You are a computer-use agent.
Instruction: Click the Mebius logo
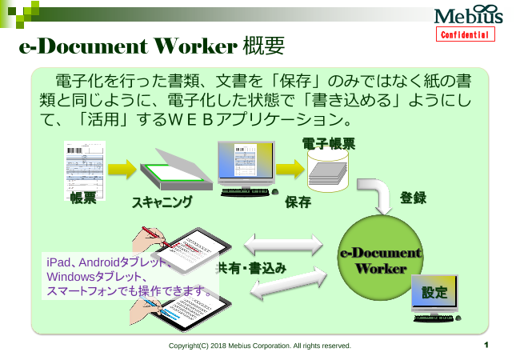[468, 16]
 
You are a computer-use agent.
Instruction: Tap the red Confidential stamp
[467, 35]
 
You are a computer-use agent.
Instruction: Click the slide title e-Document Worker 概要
[152, 46]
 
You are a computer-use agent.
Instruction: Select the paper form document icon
[84, 166]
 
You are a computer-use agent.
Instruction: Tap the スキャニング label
[162, 202]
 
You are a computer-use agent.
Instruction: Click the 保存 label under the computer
[298, 202]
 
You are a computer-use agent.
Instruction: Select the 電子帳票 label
[329, 144]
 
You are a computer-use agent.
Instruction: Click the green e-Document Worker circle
[380, 261]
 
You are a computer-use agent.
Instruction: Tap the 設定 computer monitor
[434, 294]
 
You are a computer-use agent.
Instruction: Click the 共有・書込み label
[251, 269]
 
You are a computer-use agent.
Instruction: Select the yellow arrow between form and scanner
[122, 170]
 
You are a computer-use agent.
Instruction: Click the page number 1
[486, 346]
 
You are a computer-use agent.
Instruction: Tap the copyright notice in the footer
[260, 346]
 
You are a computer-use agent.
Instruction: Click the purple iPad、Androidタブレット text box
[128, 277]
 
